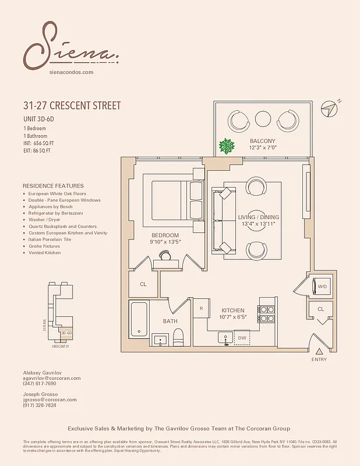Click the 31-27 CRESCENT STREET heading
point(72,106)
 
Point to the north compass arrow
point(332,108)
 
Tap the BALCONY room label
point(263,142)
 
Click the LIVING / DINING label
point(259,217)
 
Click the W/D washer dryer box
point(322,286)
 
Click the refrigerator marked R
point(200,308)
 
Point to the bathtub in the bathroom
point(139,319)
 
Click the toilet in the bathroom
point(178,336)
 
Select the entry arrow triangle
point(319,351)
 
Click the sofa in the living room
point(221,220)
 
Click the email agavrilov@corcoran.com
point(51,378)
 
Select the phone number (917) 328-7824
point(40,405)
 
